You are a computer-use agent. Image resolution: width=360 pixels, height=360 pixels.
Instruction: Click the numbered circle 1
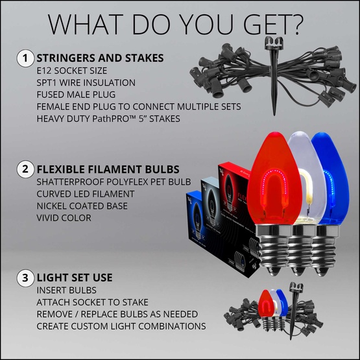point(24,58)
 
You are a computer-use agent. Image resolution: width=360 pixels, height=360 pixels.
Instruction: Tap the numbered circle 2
point(24,170)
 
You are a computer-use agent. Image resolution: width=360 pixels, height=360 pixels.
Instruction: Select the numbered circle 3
point(24,278)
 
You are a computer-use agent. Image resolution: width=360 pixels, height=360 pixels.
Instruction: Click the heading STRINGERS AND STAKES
point(100,58)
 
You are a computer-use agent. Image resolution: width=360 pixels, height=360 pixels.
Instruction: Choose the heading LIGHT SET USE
point(75,278)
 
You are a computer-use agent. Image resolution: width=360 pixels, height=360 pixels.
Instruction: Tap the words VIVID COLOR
point(65,218)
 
